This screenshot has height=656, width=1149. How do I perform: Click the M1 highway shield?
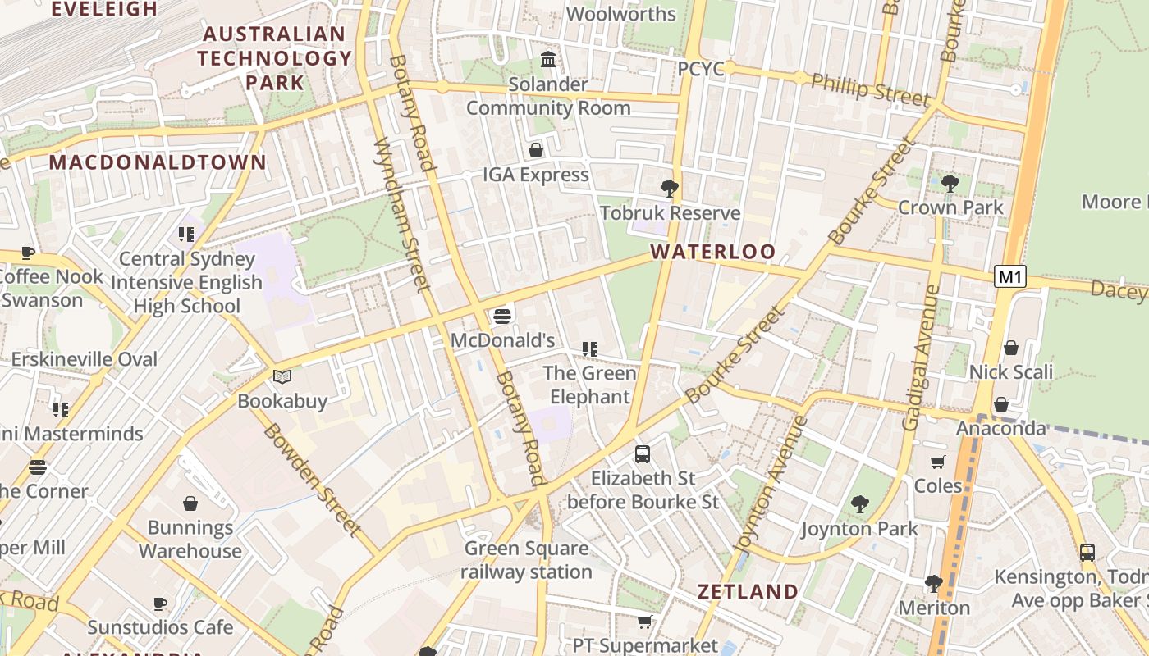tap(1009, 277)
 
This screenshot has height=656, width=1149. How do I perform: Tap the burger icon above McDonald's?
tap(502, 317)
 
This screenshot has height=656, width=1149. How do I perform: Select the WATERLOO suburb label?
tap(712, 252)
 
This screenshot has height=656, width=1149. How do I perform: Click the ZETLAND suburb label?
tap(747, 591)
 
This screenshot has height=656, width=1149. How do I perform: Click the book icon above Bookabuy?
tap(282, 377)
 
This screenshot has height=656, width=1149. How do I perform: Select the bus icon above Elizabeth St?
tap(643, 453)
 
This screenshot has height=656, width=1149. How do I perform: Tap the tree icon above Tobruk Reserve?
tap(670, 189)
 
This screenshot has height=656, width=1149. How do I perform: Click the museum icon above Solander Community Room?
tap(548, 60)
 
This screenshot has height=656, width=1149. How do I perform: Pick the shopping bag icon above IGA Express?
tap(536, 150)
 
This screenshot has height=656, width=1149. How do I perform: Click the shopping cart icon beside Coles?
tap(938, 462)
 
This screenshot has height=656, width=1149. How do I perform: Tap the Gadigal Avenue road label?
tap(921, 358)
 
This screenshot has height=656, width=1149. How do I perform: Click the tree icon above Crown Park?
tap(950, 183)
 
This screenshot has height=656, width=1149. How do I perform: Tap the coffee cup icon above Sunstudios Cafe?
tap(160, 604)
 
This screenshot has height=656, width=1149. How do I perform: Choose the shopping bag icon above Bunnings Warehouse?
tap(190, 503)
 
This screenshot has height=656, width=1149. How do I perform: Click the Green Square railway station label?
tap(526, 560)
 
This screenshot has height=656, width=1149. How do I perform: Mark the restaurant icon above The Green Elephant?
tap(589, 349)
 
